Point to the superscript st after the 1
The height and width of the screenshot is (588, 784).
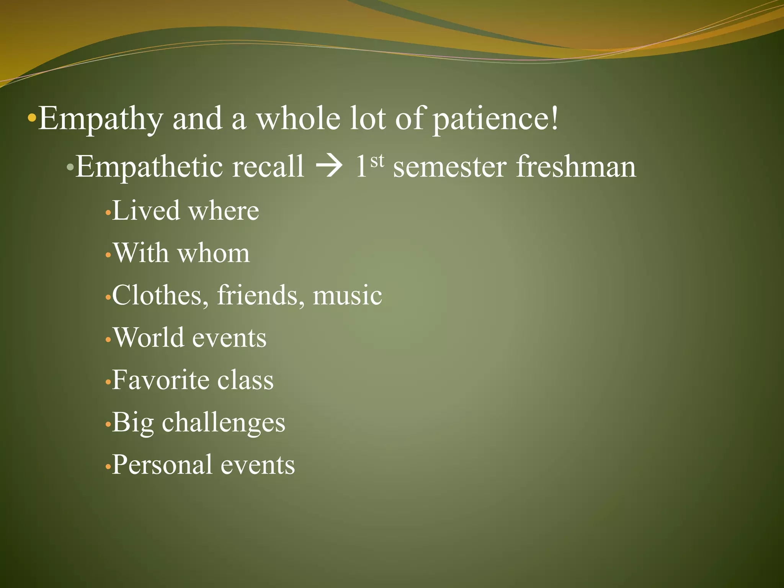click(x=377, y=161)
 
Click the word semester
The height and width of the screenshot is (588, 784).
click(x=450, y=168)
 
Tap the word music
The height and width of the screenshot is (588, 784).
click(x=347, y=296)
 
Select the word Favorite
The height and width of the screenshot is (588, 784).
click(x=160, y=380)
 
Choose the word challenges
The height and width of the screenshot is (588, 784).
click(x=224, y=423)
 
